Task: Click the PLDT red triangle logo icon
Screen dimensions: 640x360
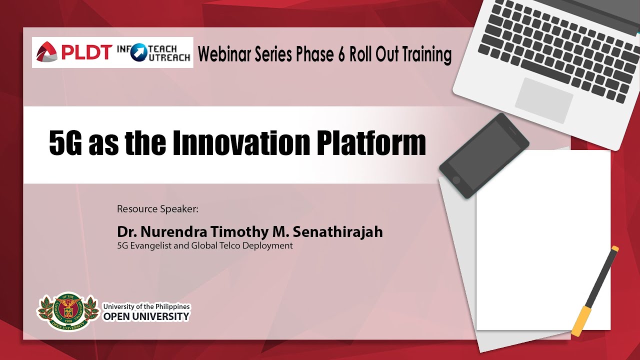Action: pyautogui.click(x=46, y=52)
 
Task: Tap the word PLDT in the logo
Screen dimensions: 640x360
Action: pyautogui.click(x=85, y=52)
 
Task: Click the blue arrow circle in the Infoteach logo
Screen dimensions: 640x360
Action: pyautogui.click(x=139, y=52)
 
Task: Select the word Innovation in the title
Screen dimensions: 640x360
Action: pyautogui.click(x=241, y=142)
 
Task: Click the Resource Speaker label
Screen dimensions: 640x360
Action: pyautogui.click(x=157, y=209)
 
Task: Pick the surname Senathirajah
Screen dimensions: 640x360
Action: pyautogui.click(x=337, y=231)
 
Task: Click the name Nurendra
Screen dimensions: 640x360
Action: pyautogui.click(x=173, y=232)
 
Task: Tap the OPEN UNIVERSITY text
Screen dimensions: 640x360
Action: pyautogui.click(x=146, y=316)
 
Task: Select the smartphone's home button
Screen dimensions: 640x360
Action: pyautogui.click(x=456, y=180)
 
